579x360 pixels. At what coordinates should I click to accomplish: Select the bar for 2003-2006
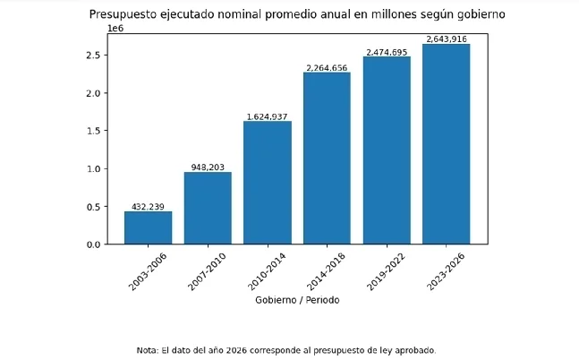(148, 227)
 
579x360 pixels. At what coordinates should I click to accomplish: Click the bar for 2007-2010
(208, 208)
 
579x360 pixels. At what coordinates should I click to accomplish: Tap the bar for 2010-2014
(267, 183)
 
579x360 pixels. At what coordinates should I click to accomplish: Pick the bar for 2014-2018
(327, 158)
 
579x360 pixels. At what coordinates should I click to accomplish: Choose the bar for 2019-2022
(387, 150)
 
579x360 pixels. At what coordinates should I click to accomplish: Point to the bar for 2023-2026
(446, 143)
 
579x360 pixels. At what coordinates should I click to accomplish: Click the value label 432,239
(148, 207)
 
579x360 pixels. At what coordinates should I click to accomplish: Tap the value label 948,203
(208, 167)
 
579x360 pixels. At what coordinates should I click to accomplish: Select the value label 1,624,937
(267, 116)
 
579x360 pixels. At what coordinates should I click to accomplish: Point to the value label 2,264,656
(327, 68)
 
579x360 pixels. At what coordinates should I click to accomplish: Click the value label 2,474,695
(387, 52)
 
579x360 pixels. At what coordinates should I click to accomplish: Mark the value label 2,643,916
(446, 39)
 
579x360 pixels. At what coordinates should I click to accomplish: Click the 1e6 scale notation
(115, 29)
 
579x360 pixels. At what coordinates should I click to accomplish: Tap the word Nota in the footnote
(146, 350)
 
